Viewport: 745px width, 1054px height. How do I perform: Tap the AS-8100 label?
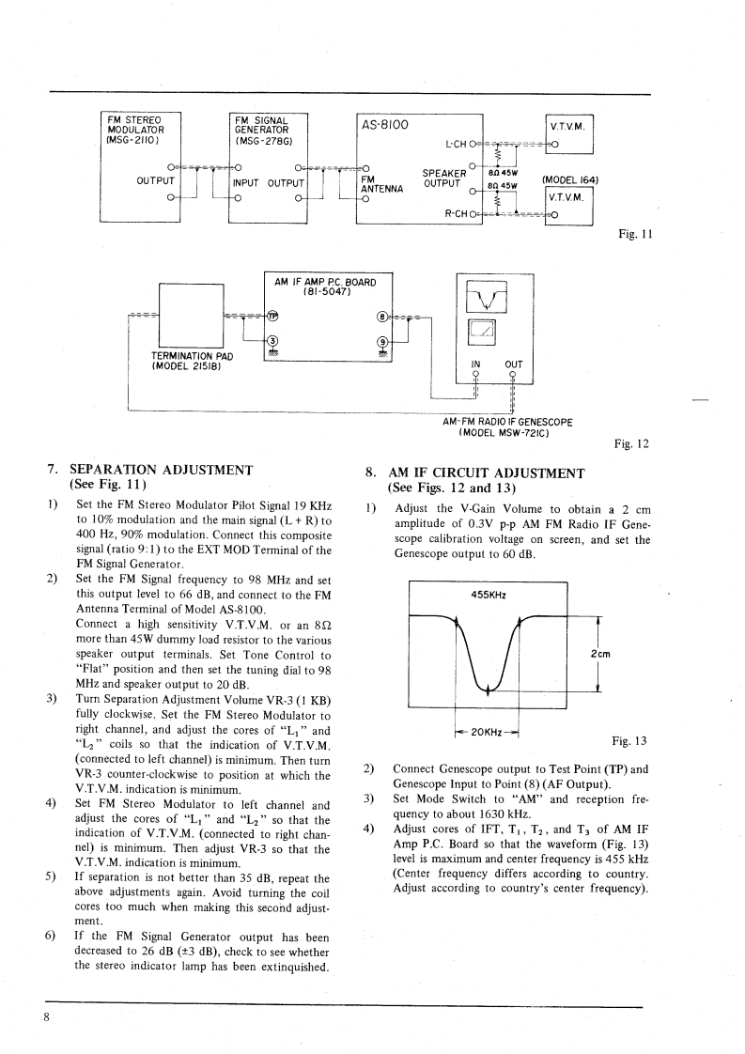click(x=383, y=124)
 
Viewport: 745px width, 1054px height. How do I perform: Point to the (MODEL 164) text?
click(x=570, y=180)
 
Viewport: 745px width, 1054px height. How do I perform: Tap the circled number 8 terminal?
click(x=381, y=316)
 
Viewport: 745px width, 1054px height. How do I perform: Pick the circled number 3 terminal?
click(x=273, y=340)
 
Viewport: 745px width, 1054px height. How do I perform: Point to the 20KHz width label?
click(x=487, y=731)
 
